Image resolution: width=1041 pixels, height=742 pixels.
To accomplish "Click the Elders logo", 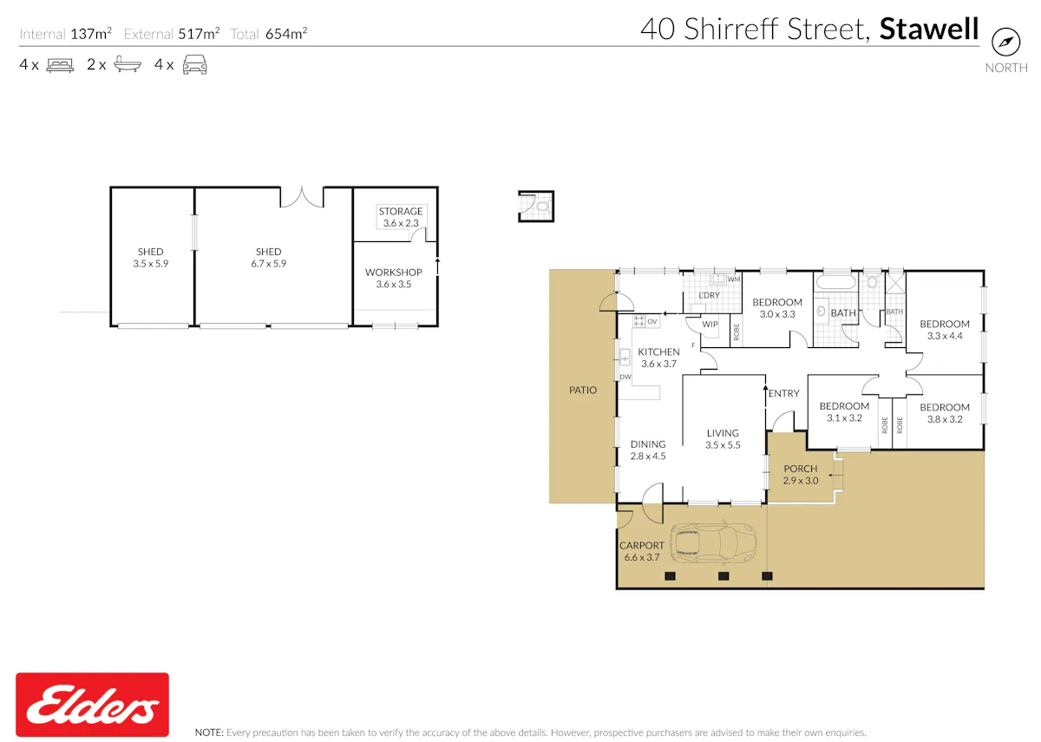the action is (92, 704).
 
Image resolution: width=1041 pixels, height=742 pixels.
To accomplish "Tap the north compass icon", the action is (1005, 42).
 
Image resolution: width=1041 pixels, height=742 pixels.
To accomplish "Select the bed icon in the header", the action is (60, 64).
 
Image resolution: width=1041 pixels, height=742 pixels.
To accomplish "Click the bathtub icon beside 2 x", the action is (128, 63).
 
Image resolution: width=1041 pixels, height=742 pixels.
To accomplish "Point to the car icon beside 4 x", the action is (194, 64).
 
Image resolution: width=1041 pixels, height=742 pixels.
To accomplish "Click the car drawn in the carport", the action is (712, 543).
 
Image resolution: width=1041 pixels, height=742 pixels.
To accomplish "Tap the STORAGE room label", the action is (401, 211).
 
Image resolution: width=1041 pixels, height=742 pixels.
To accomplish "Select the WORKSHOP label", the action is (394, 272).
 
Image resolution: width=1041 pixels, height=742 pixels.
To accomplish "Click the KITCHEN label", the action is (658, 352).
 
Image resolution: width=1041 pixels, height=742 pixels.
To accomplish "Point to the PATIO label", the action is (583, 390).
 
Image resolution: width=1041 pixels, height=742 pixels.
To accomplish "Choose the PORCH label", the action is (800, 469).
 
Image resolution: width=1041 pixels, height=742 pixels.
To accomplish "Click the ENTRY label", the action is (783, 393).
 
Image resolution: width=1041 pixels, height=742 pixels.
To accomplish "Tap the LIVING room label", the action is (723, 433).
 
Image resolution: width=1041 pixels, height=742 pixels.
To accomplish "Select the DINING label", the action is (648, 444).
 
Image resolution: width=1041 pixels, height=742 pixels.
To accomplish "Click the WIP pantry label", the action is (710, 324).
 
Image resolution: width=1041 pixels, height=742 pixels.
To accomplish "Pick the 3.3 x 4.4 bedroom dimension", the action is (945, 336).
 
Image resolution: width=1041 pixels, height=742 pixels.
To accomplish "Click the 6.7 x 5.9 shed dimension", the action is (269, 264).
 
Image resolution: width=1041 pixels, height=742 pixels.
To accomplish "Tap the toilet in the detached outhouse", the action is (542, 206).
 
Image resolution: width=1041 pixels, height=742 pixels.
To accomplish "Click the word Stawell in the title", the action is (929, 29).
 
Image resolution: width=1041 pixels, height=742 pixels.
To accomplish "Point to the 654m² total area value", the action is (286, 34).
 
